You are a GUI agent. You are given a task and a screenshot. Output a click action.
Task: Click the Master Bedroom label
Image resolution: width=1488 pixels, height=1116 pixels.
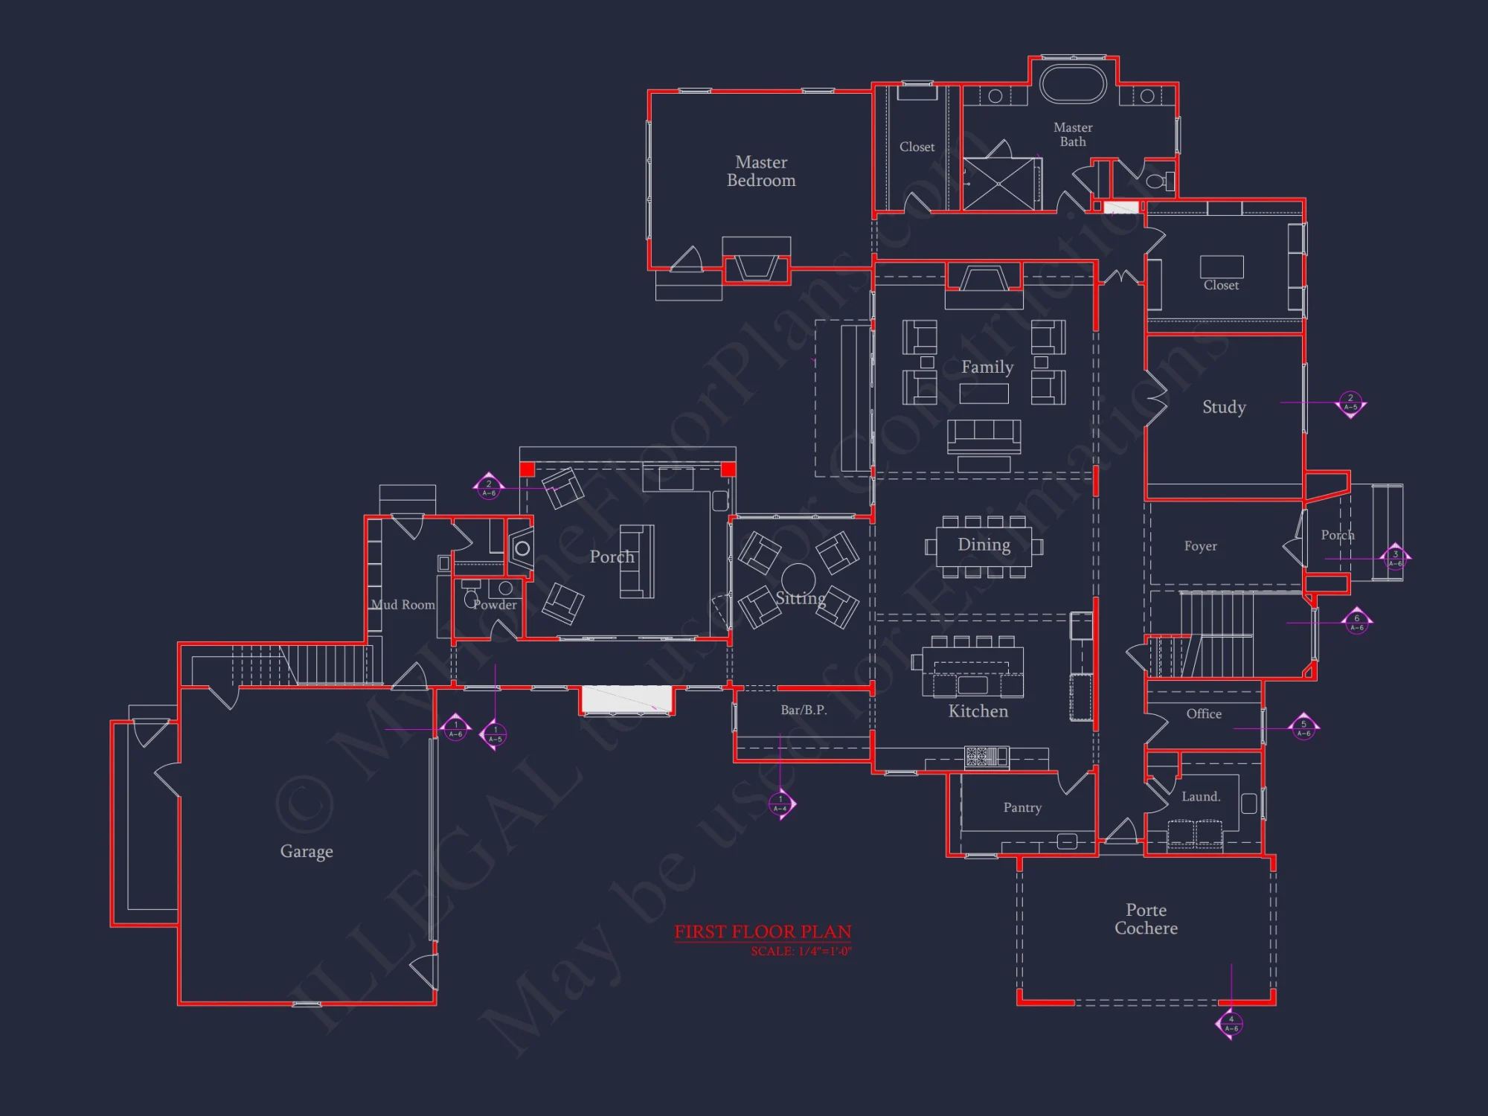pyautogui.click(x=761, y=171)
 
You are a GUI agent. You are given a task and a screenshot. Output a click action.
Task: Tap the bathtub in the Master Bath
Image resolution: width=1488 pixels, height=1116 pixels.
pyautogui.click(x=1073, y=84)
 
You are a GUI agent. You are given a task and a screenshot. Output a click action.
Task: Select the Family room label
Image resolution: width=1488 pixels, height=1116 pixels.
pyautogui.click(x=987, y=367)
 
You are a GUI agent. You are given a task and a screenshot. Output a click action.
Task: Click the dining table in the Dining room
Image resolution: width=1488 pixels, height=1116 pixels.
pyautogui.click(x=984, y=546)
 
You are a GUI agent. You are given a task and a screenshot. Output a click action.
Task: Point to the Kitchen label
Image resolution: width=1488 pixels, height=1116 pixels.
pyautogui.click(x=978, y=711)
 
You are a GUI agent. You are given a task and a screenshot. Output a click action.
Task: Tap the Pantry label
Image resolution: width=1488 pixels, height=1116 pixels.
pyautogui.click(x=1022, y=807)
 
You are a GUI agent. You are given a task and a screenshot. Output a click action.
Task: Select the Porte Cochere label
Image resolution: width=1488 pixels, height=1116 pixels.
pyautogui.click(x=1146, y=919)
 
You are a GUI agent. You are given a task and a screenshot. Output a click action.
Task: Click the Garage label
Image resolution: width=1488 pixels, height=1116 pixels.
pyautogui.click(x=307, y=851)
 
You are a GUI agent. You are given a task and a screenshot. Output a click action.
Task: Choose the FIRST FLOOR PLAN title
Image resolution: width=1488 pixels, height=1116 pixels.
pyautogui.click(x=763, y=931)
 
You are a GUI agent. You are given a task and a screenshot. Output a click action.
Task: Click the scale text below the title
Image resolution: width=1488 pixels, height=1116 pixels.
pyautogui.click(x=801, y=952)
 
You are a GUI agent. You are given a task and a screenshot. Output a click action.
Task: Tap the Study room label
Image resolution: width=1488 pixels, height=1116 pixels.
pyautogui.click(x=1224, y=407)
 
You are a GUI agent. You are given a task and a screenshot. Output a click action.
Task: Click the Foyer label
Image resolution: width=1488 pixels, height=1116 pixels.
pyautogui.click(x=1200, y=546)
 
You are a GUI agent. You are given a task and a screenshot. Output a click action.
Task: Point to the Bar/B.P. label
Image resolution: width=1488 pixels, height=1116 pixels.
pyautogui.click(x=804, y=710)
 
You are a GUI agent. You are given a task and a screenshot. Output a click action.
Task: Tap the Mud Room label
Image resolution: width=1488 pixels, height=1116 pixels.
pyautogui.click(x=403, y=605)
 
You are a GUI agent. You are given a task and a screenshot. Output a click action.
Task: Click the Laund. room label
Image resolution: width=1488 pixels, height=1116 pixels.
pyautogui.click(x=1201, y=796)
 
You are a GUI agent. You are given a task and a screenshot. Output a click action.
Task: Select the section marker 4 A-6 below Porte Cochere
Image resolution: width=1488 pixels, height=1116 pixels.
pyautogui.click(x=1231, y=1024)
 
